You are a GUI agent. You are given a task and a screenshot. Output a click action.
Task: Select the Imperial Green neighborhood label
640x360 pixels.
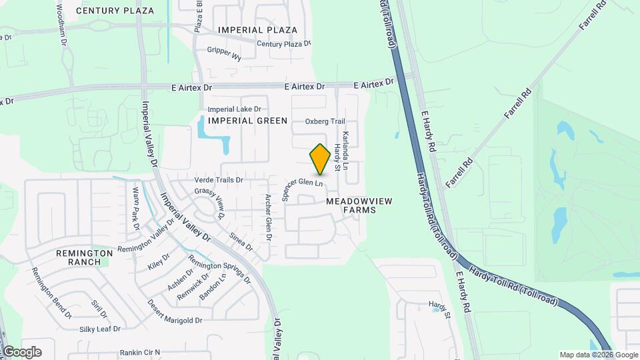coord(247,121)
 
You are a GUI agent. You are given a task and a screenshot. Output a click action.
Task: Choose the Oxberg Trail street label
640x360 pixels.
coord(325,121)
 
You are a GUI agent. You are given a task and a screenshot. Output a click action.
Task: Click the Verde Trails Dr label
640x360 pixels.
coord(219,180)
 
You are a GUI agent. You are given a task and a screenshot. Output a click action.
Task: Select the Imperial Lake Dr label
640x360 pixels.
coord(234,109)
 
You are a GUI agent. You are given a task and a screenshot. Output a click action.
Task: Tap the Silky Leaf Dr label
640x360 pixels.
coord(100,329)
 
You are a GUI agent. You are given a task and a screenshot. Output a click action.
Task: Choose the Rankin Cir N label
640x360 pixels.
coord(141,352)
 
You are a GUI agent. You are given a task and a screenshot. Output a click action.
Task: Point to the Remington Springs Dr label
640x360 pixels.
coord(219,269)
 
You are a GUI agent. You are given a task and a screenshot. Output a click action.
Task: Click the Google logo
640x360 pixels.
coord(21,351)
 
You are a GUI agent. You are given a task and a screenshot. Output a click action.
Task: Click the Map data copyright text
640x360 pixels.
coord(599,355)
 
